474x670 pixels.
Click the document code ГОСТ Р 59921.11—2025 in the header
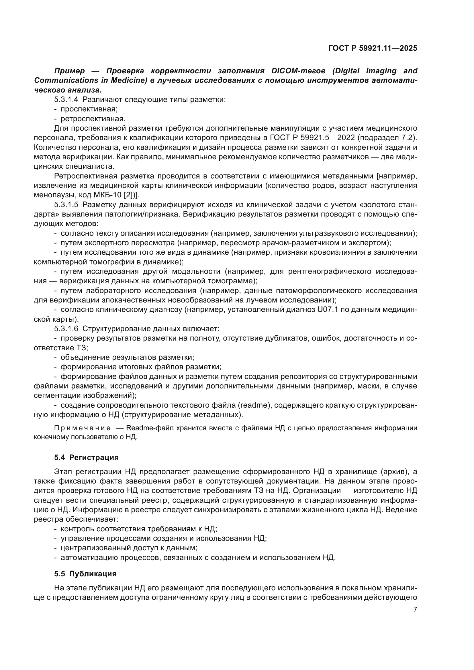click(373, 48)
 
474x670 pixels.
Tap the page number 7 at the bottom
click(415, 609)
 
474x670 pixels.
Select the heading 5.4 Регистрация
click(86, 457)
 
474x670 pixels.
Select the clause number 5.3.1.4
click(66, 99)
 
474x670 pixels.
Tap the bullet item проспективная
click(89, 109)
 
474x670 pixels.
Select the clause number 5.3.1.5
click(66, 205)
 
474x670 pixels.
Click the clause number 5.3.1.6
click(66, 329)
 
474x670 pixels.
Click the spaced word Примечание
click(82, 428)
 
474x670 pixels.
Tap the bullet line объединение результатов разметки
click(127, 357)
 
